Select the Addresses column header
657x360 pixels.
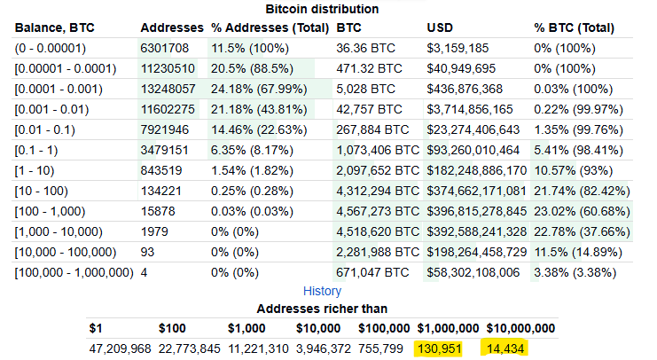(170, 27)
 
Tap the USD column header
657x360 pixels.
(440, 27)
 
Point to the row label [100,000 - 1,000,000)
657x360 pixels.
(74, 272)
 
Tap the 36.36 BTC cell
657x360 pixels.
(365, 48)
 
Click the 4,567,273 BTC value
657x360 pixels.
(378, 211)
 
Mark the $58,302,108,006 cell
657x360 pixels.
(476, 272)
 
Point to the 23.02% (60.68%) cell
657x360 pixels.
(582, 211)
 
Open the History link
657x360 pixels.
(322, 291)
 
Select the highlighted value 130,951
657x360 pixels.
(439, 348)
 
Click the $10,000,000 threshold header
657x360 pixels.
(520, 328)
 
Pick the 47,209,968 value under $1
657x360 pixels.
(121, 348)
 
